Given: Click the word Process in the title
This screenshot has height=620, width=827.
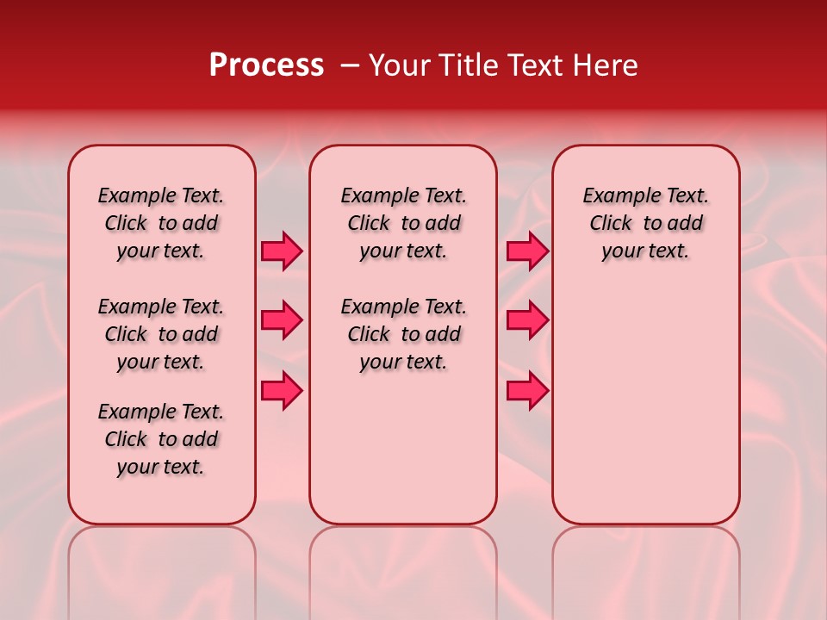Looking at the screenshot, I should click(266, 65).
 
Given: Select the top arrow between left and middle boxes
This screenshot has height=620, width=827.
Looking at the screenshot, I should click(282, 251).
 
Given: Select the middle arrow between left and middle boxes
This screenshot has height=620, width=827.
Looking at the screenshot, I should click(282, 320).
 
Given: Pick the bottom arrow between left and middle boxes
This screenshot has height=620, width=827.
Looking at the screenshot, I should click(282, 390).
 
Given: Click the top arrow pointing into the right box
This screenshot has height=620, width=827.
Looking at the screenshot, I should click(527, 251).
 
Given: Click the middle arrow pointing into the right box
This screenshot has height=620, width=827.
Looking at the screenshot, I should click(527, 320).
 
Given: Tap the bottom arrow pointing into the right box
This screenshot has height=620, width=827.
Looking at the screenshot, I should click(527, 390).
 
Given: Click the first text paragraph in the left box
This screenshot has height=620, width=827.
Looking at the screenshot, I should click(161, 223).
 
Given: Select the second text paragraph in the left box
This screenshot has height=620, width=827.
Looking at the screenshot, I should click(161, 334).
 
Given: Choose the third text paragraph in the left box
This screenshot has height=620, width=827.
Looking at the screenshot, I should click(161, 439).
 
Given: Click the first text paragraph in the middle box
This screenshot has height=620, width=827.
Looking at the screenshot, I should click(403, 223).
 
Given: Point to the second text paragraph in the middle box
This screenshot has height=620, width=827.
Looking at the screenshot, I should click(403, 334).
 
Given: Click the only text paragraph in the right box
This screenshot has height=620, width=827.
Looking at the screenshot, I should click(645, 223).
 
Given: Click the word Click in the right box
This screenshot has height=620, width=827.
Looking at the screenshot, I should click(611, 224).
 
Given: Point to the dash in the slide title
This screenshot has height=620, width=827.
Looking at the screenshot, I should click(350, 65).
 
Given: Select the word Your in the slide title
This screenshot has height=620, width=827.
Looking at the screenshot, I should click(400, 65).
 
